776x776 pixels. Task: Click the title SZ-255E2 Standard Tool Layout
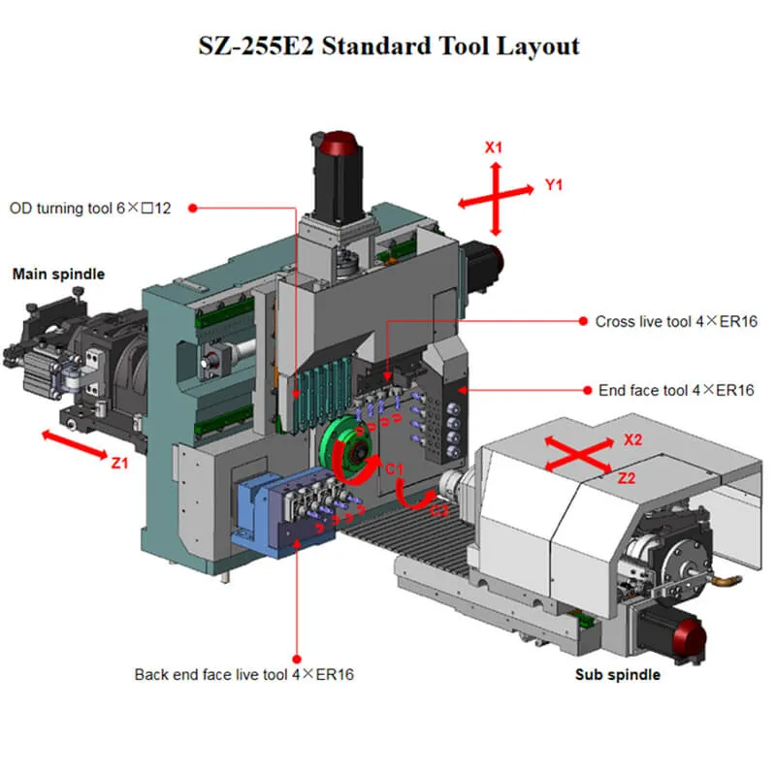coord(388,46)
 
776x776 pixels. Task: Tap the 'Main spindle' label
coord(58,275)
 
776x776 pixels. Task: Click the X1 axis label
coord(494,148)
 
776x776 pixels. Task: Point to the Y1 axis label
coord(554,184)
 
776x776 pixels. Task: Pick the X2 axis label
coord(633,439)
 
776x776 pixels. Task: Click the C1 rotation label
coord(394,469)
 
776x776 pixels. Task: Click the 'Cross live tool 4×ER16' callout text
coord(675,321)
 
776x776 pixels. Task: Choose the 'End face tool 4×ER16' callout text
coord(676,390)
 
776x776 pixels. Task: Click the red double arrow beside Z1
coord(74,446)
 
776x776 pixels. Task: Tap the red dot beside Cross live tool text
coord(584,321)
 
